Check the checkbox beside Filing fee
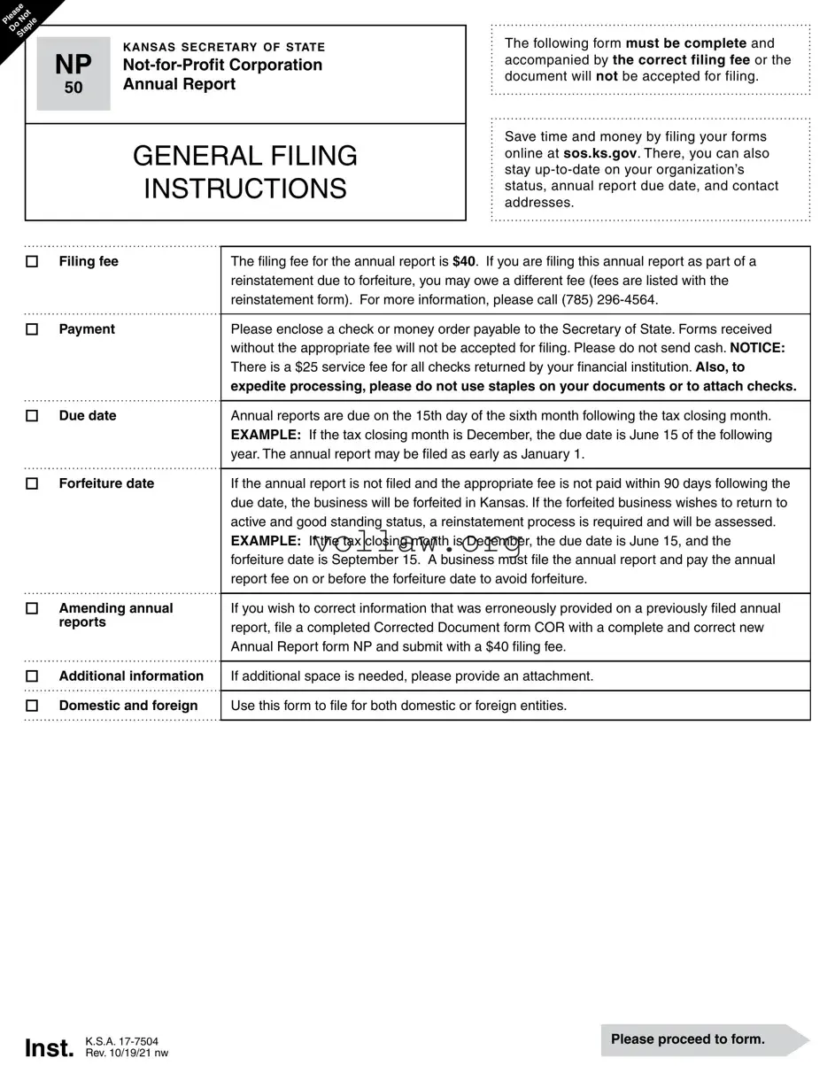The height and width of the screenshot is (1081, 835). click(32, 262)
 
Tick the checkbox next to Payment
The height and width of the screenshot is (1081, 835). click(32, 329)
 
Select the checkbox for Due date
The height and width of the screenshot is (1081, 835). click(32, 416)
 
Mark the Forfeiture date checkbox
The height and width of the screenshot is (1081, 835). click(32, 484)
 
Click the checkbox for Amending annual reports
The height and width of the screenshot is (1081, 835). click(32, 609)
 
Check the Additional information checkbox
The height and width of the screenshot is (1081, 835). click(32, 676)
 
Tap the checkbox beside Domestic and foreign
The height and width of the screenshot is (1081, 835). click(32, 706)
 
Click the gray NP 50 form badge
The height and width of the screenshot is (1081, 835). click(73, 73)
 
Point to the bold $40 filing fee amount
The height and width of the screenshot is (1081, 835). click(464, 261)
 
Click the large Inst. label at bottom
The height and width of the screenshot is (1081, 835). click(50, 1048)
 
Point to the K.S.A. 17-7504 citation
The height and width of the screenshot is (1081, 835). click(122, 1042)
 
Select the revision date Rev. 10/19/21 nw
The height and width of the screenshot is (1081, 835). click(127, 1054)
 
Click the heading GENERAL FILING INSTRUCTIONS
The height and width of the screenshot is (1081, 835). click(245, 172)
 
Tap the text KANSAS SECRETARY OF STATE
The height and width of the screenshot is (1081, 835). click(224, 47)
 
